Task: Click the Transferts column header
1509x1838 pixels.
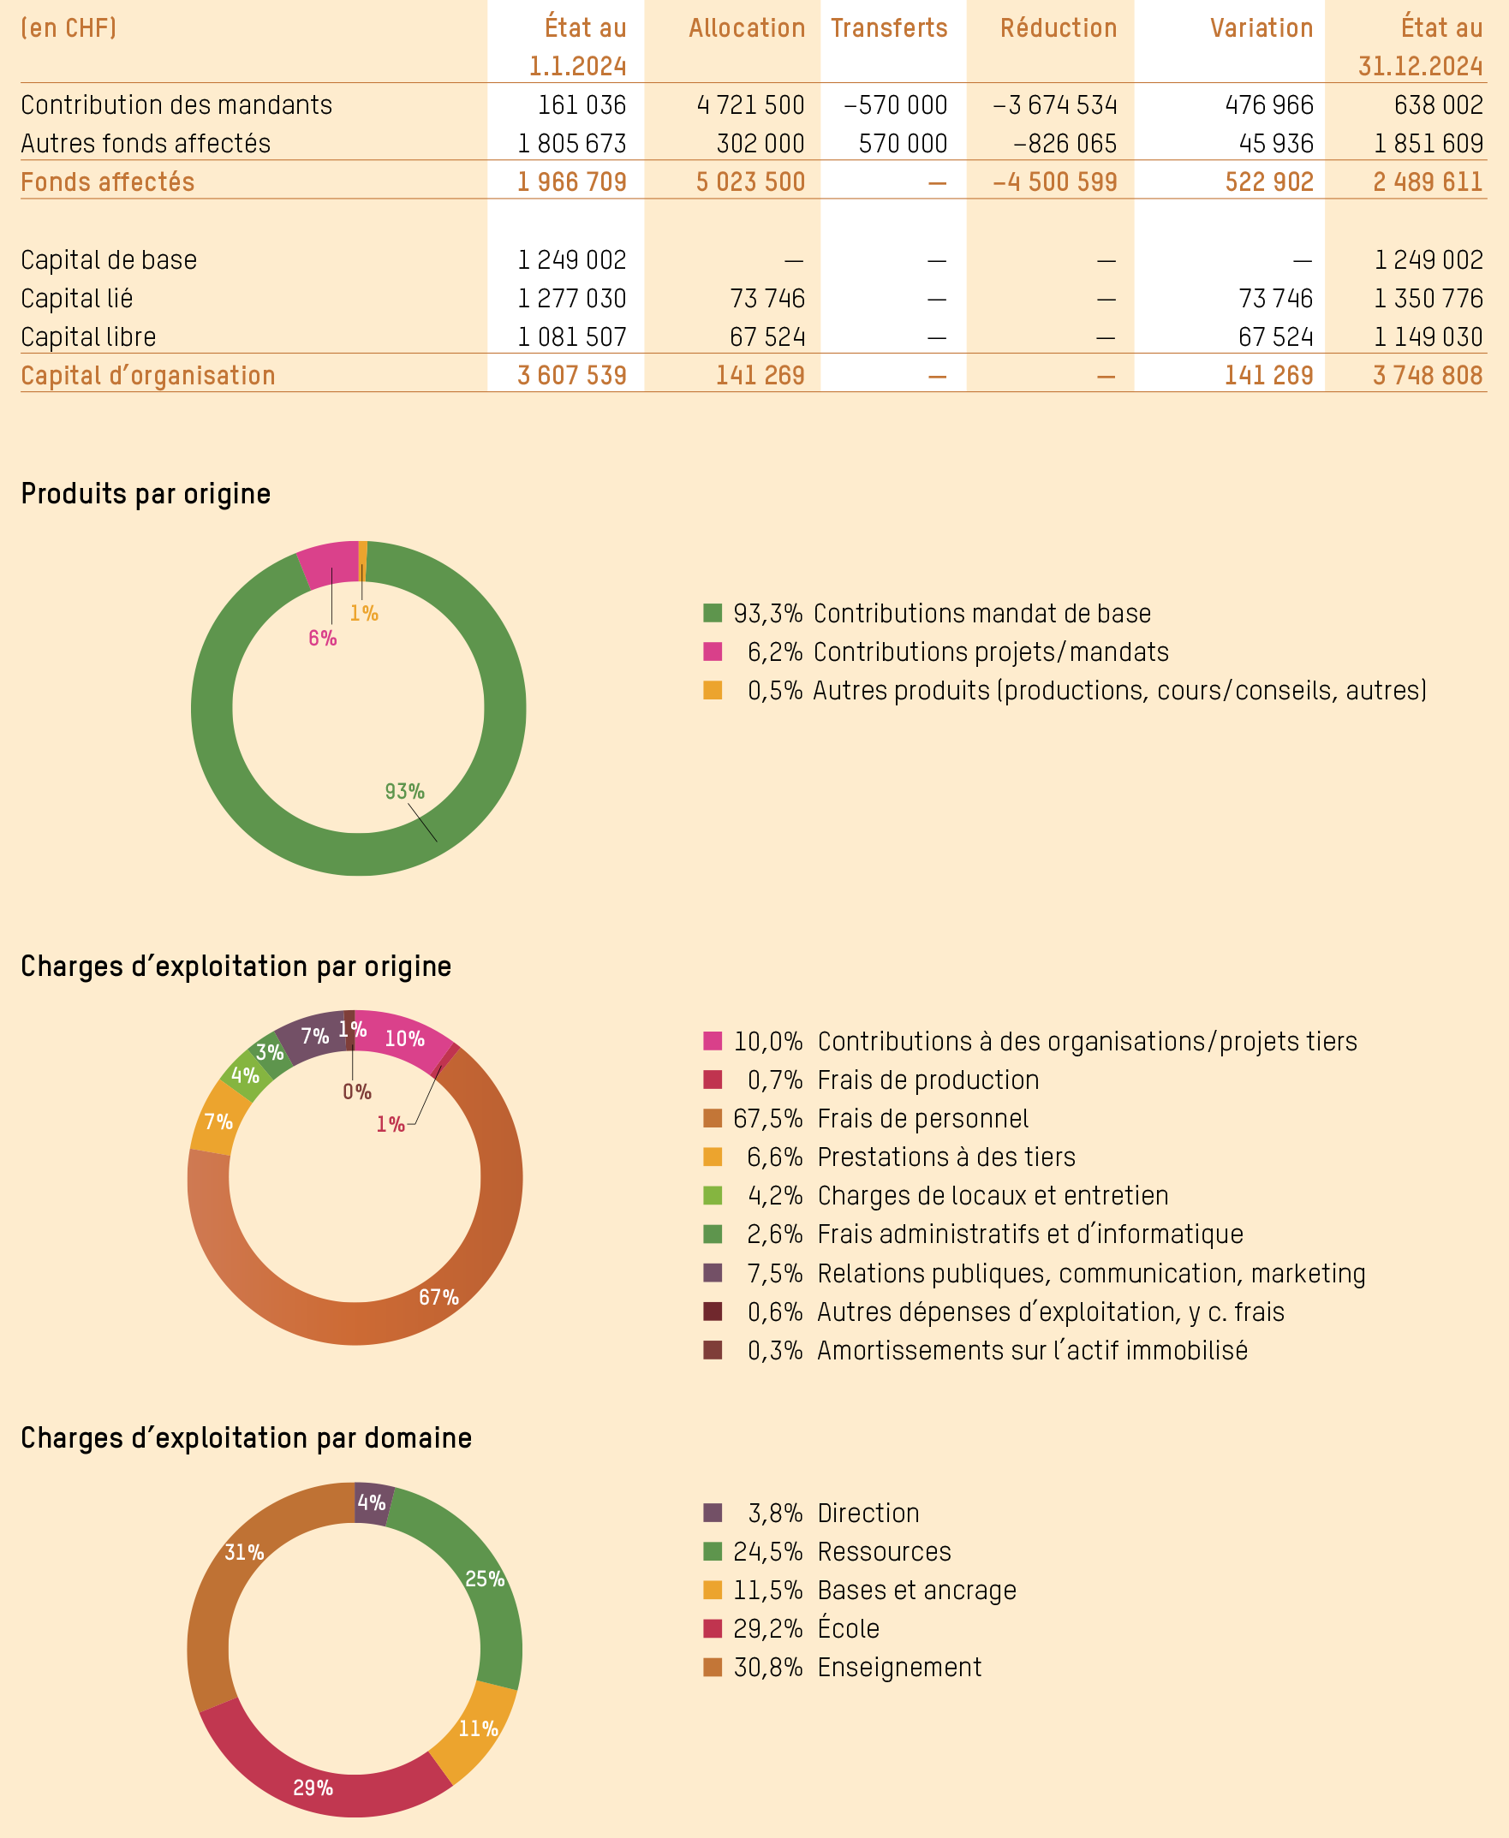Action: [x=888, y=27]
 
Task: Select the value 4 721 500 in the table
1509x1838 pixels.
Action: [x=750, y=105]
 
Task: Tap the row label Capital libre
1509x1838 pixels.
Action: [x=89, y=336]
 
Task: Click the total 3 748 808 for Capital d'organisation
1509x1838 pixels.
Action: [x=1428, y=376]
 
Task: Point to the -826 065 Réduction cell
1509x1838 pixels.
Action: [x=1064, y=143]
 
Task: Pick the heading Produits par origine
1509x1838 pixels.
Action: [x=146, y=494]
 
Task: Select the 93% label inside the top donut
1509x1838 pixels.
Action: [x=404, y=791]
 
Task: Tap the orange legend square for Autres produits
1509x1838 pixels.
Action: [x=713, y=690]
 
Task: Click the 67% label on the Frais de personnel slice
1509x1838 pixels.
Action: [x=438, y=1297]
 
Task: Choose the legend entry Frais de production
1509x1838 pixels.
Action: [x=927, y=1080]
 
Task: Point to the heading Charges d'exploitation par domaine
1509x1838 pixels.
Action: [x=246, y=1437]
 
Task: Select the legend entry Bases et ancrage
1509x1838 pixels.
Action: [x=916, y=1590]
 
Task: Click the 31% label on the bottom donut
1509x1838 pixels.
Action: [x=243, y=1551]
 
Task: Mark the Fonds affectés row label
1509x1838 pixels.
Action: [x=108, y=181]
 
